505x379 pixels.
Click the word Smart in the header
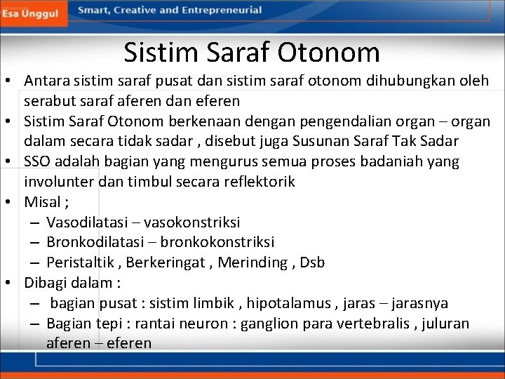(x=93, y=11)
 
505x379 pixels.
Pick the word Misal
(x=41, y=202)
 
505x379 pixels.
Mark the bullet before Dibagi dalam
(x=14, y=284)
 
